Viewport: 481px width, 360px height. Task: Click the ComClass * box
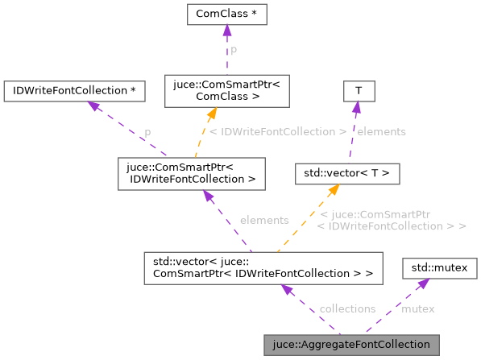[226, 14]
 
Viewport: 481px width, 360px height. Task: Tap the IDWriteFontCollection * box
[74, 89]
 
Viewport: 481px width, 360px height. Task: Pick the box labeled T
[359, 89]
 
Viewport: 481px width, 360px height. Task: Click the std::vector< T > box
[346, 172]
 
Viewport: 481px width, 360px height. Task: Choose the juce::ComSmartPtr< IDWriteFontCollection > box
[191, 172]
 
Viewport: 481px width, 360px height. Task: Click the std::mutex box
[439, 267]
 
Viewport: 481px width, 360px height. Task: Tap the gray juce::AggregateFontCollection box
[351, 345]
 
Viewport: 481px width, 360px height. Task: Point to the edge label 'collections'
[347, 308]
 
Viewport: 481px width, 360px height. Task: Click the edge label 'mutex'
[417, 308]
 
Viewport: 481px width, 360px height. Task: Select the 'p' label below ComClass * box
[234, 50]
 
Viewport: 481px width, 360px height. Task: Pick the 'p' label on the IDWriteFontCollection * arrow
[147, 131]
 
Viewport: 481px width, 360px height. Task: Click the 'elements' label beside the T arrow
[380, 131]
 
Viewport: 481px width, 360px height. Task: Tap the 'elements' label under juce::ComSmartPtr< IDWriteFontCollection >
[264, 220]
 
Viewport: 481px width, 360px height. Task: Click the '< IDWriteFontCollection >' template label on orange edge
[276, 131]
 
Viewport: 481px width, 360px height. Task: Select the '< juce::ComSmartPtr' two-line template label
[392, 220]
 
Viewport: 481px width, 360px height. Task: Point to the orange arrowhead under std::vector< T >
[331, 190]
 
